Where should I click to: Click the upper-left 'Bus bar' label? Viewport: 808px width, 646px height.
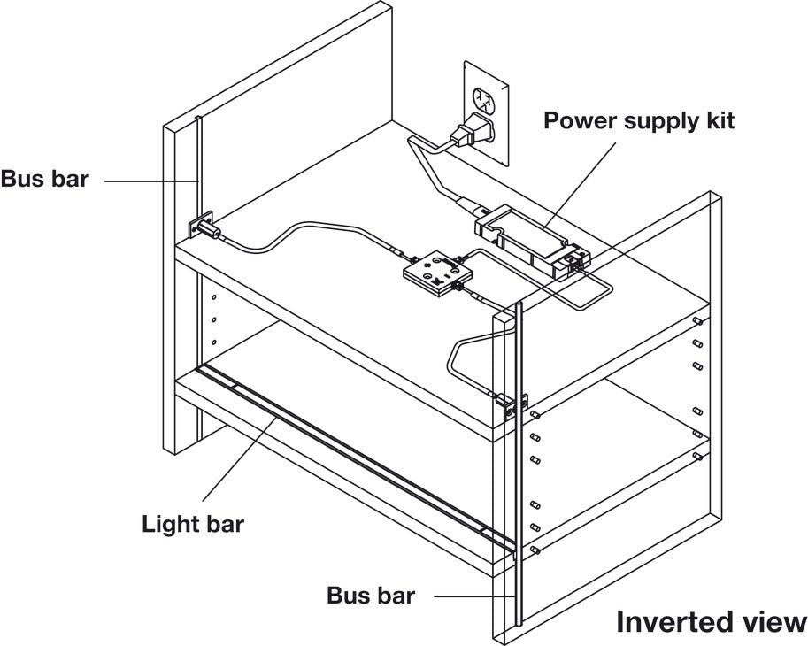pos(44,179)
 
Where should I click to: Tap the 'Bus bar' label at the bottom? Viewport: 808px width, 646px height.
pos(370,595)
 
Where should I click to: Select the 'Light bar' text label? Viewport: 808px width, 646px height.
pos(193,523)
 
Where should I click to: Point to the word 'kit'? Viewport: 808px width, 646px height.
pos(718,119)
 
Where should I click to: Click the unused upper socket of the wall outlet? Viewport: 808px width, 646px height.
pos(484,97)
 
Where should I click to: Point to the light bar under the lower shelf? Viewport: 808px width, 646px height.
pos(354,459)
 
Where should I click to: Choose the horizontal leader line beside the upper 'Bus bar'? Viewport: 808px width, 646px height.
pos(150,180)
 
